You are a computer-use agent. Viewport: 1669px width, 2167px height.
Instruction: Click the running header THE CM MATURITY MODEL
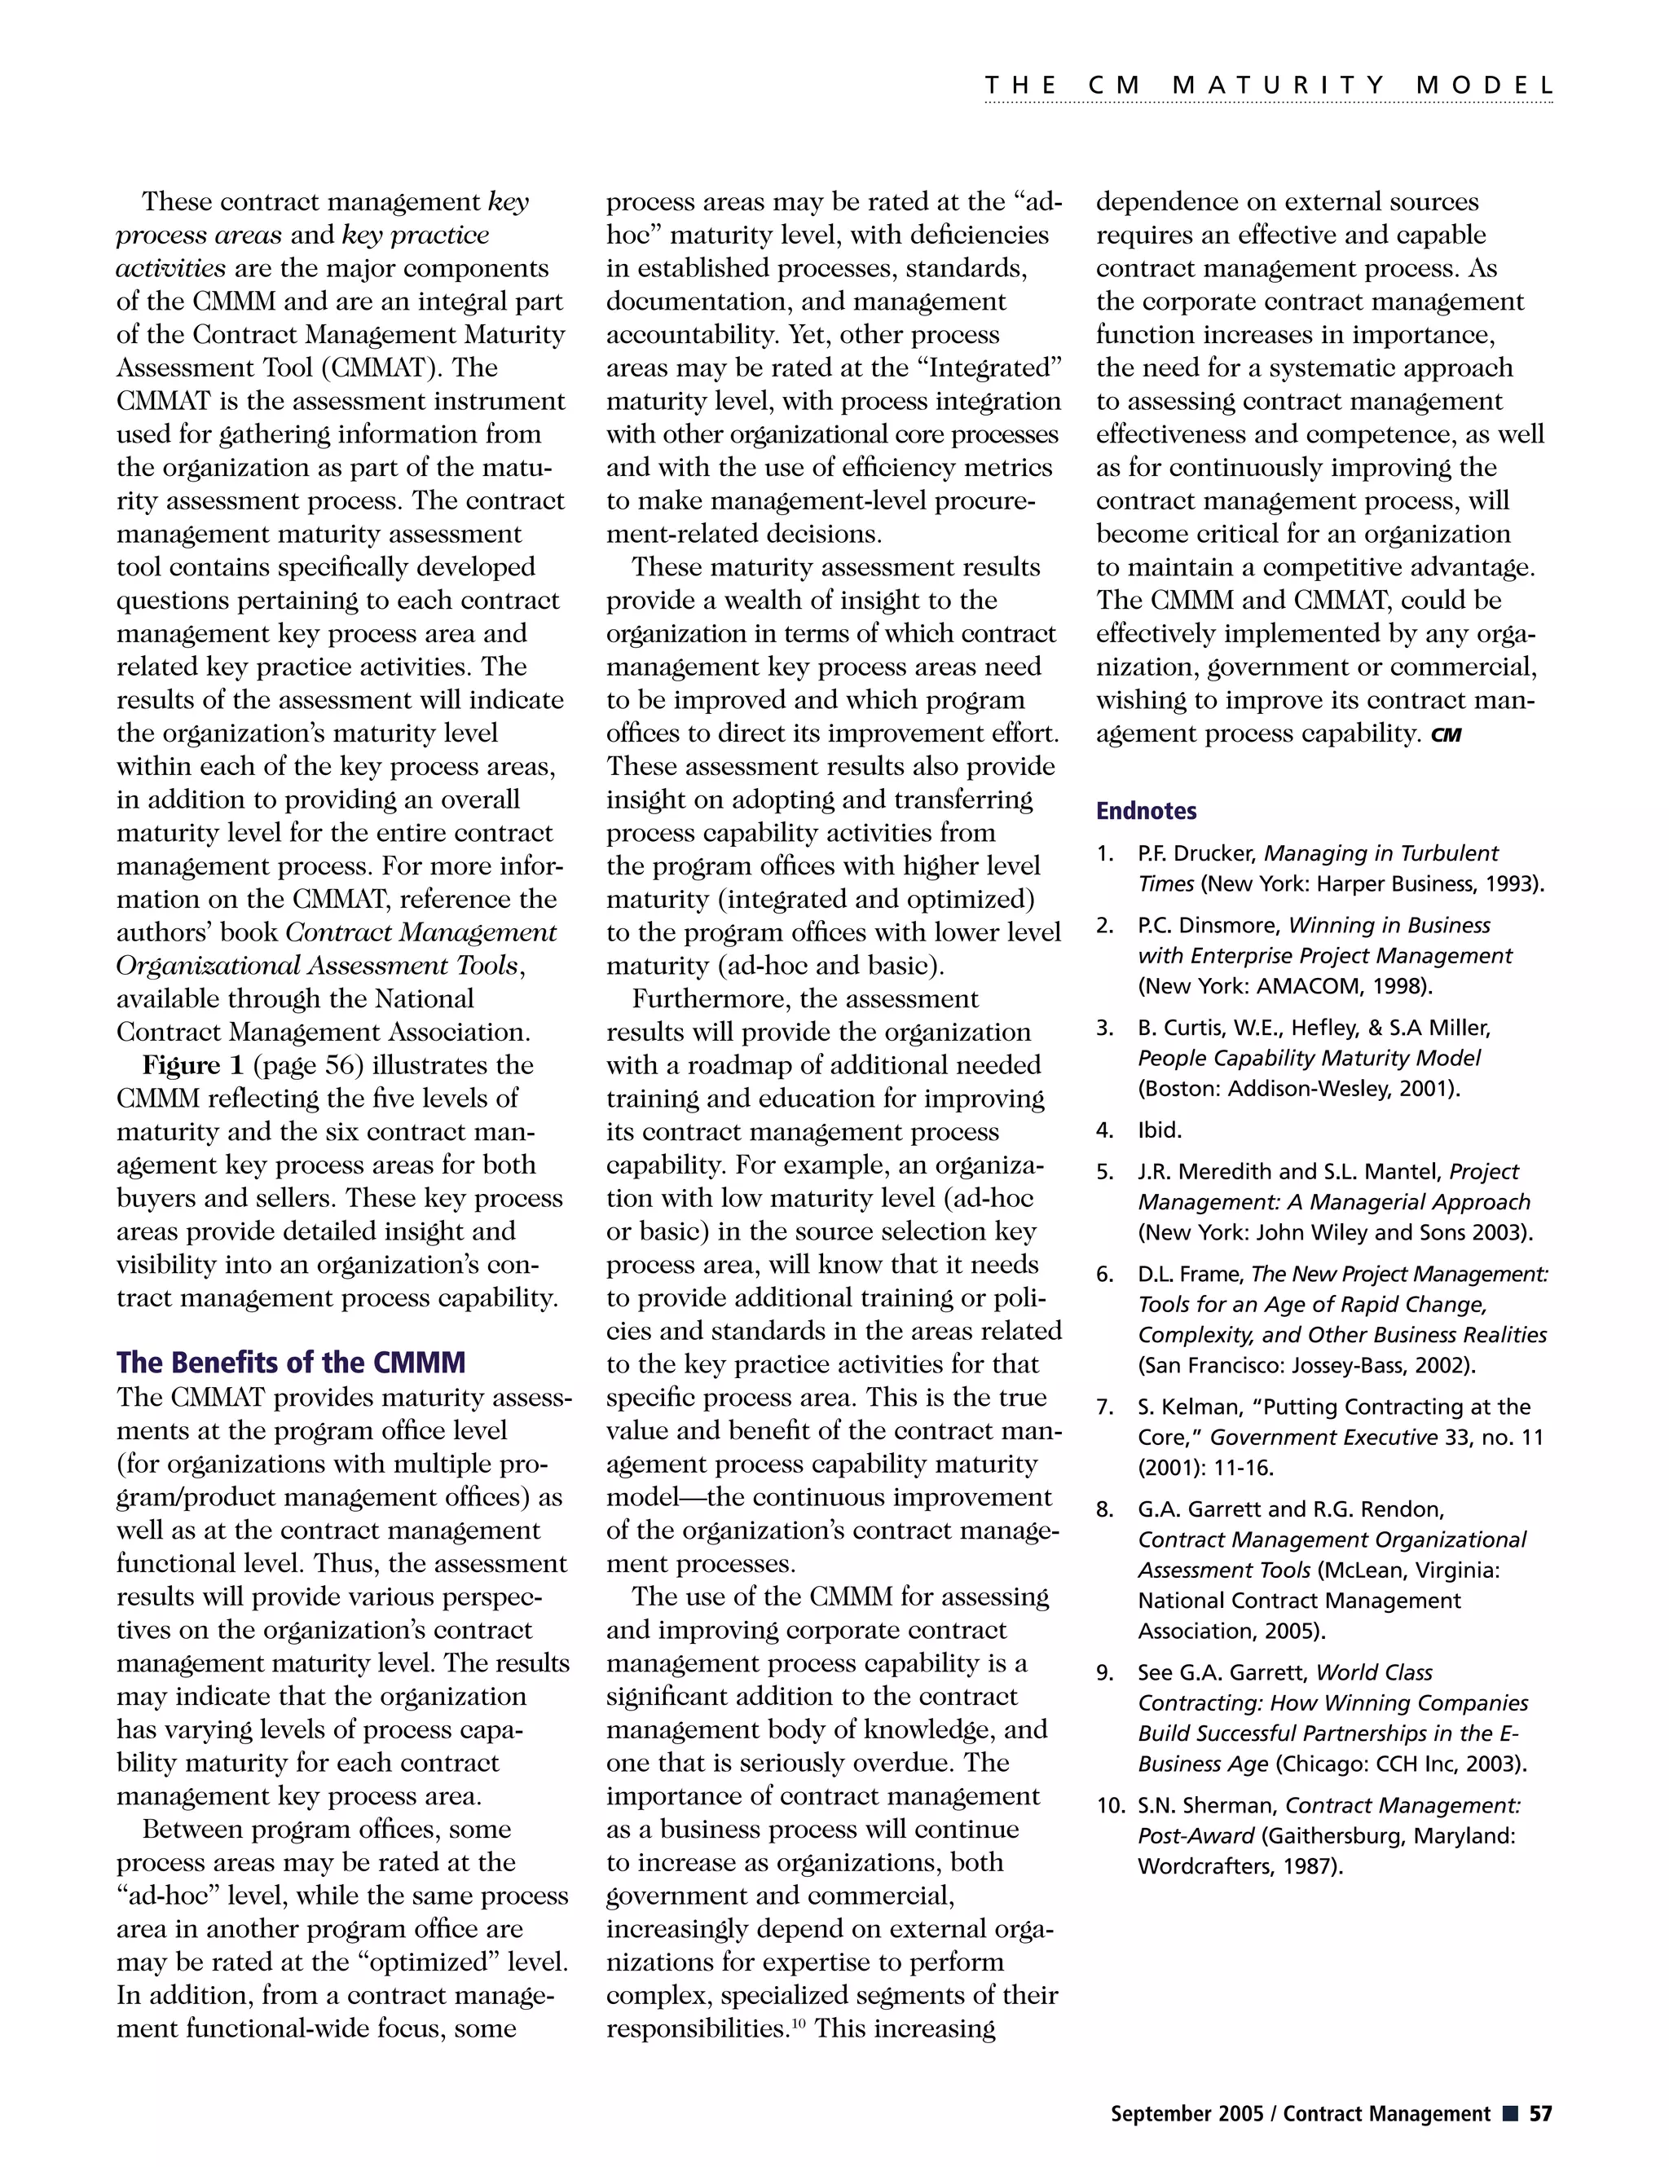pos(1268,86)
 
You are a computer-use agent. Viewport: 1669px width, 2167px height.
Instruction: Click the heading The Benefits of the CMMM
pos(290,1363)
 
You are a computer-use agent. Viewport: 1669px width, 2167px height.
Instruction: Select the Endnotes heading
pos(1145,811)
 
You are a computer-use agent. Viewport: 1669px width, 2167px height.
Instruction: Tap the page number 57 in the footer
pos(1540,2113)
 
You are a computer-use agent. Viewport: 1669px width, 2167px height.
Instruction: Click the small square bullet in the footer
pos(1509,2113)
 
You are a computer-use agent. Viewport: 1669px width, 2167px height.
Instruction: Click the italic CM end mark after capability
pos(1446,735)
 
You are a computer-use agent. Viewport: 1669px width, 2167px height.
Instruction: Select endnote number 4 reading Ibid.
pos(1159,1130)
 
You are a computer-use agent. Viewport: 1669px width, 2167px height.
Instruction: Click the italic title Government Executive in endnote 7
pos(1323,1438)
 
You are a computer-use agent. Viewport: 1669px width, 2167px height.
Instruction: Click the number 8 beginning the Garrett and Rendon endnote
pos(1103,1510)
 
